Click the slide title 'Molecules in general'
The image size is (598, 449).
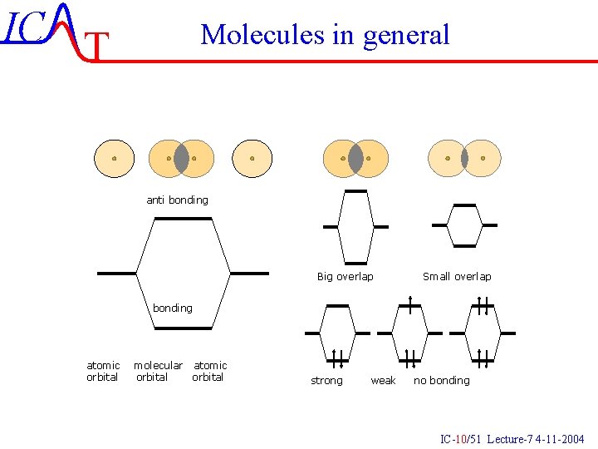tap(325, 35)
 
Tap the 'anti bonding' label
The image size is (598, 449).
tap(177, 200)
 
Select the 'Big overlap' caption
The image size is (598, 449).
tap(345, 277)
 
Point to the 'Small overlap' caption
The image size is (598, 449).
tap(457, 277)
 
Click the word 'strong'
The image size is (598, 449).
tap(326, 381)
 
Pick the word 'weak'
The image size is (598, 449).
tap(383, 381)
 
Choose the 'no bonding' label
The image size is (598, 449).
tap(442, 381)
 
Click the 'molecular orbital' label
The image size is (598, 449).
tap(158, 372)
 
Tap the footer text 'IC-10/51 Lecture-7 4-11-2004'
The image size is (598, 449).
tap(512, 439)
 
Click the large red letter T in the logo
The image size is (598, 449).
tap(98, 47)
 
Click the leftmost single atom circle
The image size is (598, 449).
tap(114, 158)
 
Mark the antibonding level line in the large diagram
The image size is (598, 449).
tap(184, 219)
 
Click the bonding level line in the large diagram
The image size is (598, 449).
tap(184, 328)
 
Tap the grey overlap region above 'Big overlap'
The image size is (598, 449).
tap(355, 158)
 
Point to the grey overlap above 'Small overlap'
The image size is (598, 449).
tap(464, 158)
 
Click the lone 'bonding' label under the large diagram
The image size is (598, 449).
tap(172, 308)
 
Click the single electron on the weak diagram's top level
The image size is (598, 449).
tap(410, 303)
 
